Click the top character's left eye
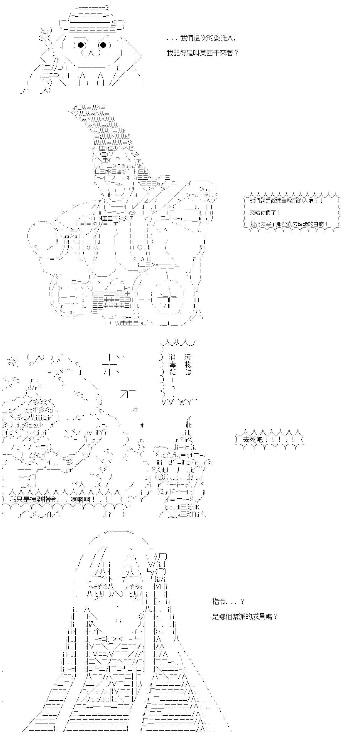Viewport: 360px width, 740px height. (x=81, y=45)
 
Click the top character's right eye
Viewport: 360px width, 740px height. (x=103, y=45)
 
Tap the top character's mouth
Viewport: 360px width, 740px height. (x=91, y=53)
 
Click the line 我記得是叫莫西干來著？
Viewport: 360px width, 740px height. (x=202, y=53)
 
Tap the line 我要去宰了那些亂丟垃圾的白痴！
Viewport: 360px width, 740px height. (x=289, y=224)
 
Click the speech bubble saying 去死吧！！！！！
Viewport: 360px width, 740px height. (x=269, y=440)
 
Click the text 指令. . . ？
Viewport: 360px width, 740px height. (x=228, y=601)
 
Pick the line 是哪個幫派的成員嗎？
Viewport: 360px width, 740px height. (x=245, y=616)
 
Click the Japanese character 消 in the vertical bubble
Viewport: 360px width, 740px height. (x=172, y=357)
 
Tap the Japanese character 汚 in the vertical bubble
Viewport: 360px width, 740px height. (x=188, y=357)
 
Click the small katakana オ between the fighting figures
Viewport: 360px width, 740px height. (x=135, y=410)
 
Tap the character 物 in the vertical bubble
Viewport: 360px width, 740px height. (x=188, y=364)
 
